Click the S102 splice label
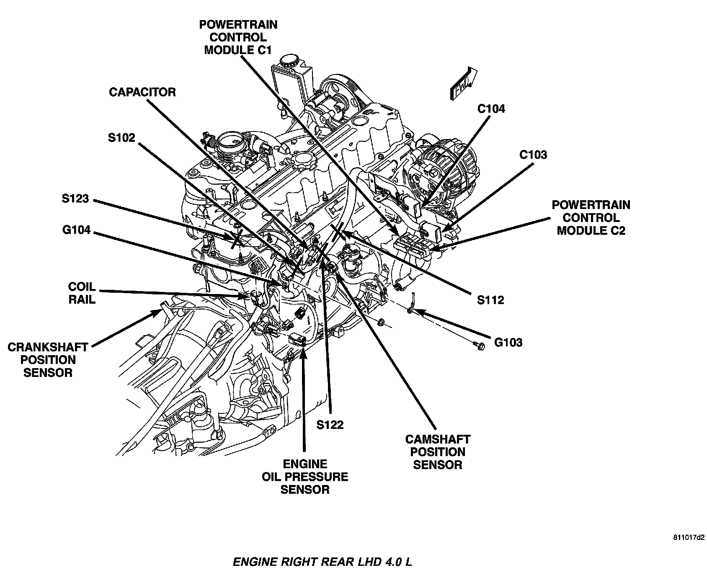[121, 138]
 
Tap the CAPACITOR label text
[142, 92]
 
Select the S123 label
[75, 198]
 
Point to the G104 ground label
[75, 230]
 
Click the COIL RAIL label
[82, 293]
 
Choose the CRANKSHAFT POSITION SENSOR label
[48, 360]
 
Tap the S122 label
[330, 425]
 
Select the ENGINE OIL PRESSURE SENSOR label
[305, 477]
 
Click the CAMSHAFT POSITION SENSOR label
[438, 452]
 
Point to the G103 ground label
[508, 342]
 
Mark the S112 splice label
[490, 299]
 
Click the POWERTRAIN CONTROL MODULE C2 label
[591, 217]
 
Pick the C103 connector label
[533, 155]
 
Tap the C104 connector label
[491, 109]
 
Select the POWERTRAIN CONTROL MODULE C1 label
[238, 37]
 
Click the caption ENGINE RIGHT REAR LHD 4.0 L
[322, 562]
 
